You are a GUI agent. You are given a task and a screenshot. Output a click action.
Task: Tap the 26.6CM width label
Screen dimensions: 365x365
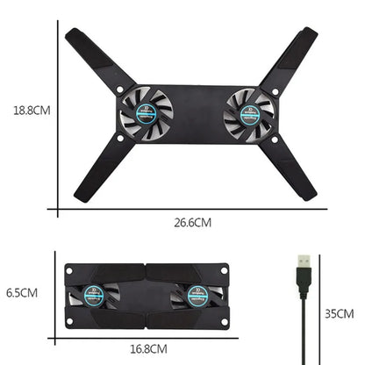coord(193,223)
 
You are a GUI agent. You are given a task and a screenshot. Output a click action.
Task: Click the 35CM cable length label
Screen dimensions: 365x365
coord(338,313)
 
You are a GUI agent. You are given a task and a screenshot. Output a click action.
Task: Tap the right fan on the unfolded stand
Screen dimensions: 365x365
coord(250,112)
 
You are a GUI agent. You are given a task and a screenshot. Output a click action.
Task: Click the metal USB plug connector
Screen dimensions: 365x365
coord(303,264)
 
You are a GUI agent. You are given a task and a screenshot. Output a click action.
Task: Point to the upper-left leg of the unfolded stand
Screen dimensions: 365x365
coord(98,58)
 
